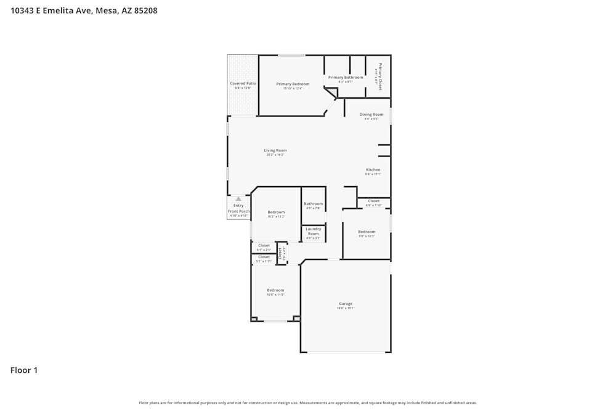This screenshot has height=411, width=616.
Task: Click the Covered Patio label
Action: pos(243,83)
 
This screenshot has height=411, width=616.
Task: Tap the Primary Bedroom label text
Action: pos(293,84)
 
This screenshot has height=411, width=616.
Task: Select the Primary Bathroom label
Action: pos(345,78)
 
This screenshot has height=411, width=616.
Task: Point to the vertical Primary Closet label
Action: pos(380,76)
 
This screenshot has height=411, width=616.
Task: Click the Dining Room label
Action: pos(371,114)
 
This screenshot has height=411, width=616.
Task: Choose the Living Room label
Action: pos(275,150)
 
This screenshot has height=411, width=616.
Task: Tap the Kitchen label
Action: pos(373,169)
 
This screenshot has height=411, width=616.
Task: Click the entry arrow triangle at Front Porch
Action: pos(238,199)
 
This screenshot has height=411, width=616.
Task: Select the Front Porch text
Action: pos(238,211)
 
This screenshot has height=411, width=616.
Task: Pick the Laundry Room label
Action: pos(313,231)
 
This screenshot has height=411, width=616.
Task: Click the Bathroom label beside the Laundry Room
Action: pos(313,203)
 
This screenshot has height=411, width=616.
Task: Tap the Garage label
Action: pos(346,303)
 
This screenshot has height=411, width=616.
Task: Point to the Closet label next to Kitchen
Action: pos(374,201)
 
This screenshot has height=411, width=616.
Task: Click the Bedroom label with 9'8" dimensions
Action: pos(367,232)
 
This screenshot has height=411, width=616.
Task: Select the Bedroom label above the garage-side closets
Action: pos(276,212)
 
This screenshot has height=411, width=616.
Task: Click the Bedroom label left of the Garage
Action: pos(275,290)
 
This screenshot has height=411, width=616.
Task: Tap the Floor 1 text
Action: pos(24,370)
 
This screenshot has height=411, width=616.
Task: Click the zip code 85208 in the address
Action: pos(145,10)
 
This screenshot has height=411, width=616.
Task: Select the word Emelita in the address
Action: pos(59,10)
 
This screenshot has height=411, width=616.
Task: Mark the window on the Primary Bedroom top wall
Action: pos(291,55)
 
